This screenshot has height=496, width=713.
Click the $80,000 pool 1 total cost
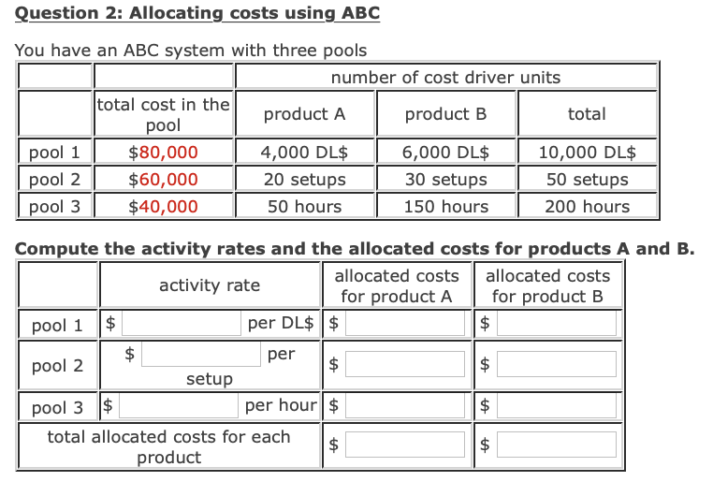click(x=163, y=152)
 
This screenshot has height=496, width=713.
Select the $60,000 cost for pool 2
click(x=163, y=179)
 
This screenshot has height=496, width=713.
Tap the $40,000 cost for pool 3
click(x=163, y=206)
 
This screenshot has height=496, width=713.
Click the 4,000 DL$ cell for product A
click(x=304, y=152)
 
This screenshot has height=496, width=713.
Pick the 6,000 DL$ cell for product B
click(x=445, y=152)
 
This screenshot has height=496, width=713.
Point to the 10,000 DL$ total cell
click(x=587, y=152)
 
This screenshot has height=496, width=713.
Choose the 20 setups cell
click(x=304, y=179)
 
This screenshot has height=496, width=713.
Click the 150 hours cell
click(x=445, y=206)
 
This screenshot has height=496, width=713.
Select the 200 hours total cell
click(x=587, y=206)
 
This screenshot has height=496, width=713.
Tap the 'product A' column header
click(x=304, y=114)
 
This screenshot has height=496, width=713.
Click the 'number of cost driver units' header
click(x=445, y=77)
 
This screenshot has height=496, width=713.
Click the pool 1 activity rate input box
click(x=180, y=324)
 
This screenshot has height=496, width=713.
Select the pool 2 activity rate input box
click(x=201, y=354)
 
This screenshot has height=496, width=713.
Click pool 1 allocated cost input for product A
click(x=406, y=324)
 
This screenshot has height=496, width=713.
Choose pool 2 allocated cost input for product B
click(x=557, y=364)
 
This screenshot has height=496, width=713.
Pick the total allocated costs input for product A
click(x=406, y=445)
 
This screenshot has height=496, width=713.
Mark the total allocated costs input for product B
click(x=557, y=445)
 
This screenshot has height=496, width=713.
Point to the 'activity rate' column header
click(x=210, y=285)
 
